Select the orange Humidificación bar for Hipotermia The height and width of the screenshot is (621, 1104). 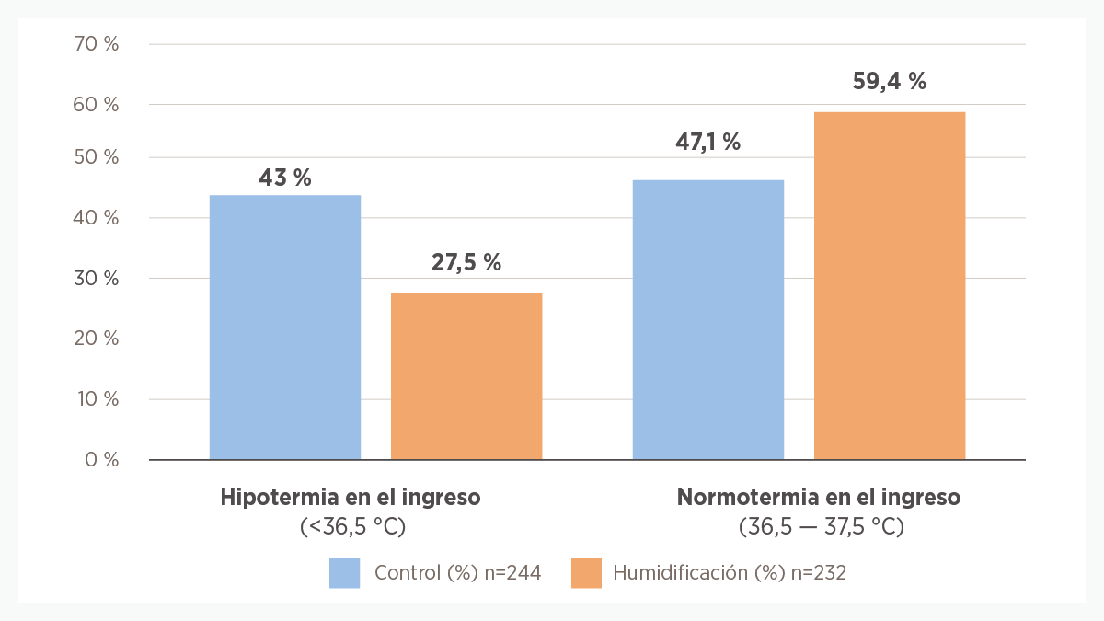click(x=466, y=376)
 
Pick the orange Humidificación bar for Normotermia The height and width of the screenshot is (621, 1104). click(x=890, y=285)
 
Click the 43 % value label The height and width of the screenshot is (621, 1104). click(x=285, y=178)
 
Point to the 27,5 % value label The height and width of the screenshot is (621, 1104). click(x=466, y=262)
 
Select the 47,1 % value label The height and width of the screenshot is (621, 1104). click(x=708, y=142)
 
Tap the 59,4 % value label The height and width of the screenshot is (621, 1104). click(x=890, y=81)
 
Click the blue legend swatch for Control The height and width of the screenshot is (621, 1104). click(x=344, y=572)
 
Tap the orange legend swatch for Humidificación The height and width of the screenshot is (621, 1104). click(x=586, y=572)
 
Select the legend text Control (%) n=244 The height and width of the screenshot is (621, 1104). click(x=457, y=572)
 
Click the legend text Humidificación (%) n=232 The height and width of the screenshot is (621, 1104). click(x=729, y=572)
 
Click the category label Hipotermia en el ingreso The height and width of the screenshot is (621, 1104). click(x=351, y=498)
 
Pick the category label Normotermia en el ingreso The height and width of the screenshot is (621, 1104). click(x=819, y=498)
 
